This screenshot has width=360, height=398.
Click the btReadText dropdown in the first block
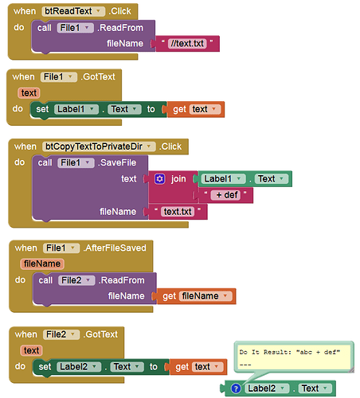73,11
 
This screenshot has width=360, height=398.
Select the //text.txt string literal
187,44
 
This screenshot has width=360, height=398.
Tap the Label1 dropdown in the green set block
76,109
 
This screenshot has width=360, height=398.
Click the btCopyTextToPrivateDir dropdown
99,146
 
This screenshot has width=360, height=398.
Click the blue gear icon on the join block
160,179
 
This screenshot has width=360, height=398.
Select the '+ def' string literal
225,195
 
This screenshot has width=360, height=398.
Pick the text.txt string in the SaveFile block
178,212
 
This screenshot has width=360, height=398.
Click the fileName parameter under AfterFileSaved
42,263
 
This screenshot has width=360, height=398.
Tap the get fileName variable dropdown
205,296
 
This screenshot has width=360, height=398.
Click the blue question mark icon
236,388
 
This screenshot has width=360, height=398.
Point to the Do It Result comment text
289,352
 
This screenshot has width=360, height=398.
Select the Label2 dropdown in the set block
79,367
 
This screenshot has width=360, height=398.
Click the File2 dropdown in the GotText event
61,334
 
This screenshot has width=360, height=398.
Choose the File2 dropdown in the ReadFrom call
76,280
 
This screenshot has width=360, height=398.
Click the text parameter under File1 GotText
29,93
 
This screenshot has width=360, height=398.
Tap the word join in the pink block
178,179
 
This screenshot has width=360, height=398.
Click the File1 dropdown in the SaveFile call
76,162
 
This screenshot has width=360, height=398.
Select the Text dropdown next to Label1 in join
272,179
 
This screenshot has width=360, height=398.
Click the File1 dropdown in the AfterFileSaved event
61,248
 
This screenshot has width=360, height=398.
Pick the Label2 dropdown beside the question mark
267,388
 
